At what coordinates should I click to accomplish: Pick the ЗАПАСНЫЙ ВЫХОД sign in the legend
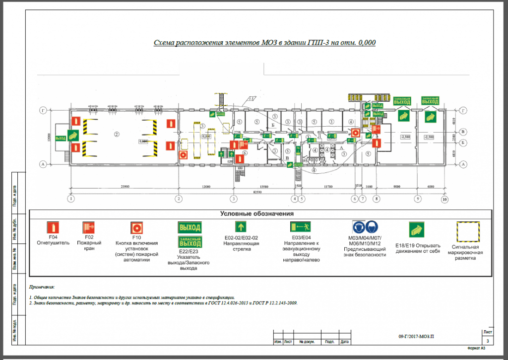tap(190, 243)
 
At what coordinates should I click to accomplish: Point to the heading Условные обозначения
tap(256, 214)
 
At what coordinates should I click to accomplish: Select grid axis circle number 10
tap(444, 200)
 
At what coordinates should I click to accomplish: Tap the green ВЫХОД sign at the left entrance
tap(61, 138)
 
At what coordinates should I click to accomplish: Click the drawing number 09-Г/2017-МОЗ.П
tap(419, 336)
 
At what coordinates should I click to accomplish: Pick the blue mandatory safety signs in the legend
tap(364, 228)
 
